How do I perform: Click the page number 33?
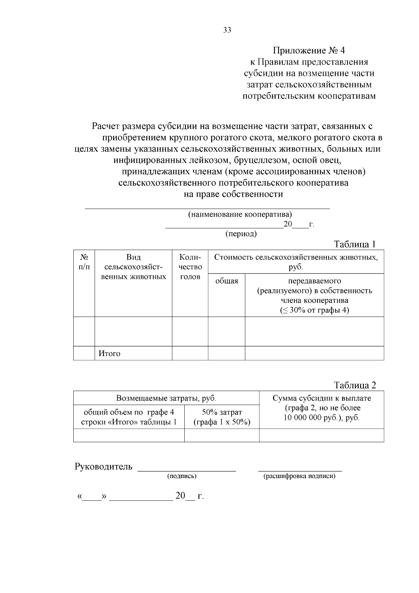point(227,30)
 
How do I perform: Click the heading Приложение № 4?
point(309,51)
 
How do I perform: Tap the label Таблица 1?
point(354,244)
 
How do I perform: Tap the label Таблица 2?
point(355,385)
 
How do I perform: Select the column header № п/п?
point(84,262)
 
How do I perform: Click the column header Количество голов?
point(190,267)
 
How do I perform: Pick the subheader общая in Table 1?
point(226,281)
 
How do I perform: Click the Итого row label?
point(109,353)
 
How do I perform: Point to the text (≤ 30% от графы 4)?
point(314,310)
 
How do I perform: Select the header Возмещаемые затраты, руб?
point(166,398)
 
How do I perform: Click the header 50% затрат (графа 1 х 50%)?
point(222,417)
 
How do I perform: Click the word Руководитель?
point(103,467)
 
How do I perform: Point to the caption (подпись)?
point(182,476)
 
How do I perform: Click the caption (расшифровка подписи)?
point(299,476)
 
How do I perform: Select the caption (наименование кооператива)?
point(240,214)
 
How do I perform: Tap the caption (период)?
point(241,234)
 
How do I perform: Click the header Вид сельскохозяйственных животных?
point(133,267)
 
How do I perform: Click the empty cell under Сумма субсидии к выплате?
point(321,435)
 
